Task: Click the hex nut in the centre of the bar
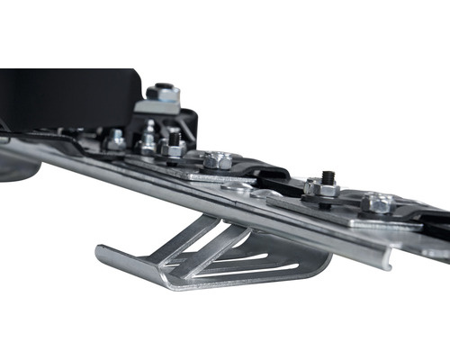click(217, 161)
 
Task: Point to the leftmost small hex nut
click(116, 140)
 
